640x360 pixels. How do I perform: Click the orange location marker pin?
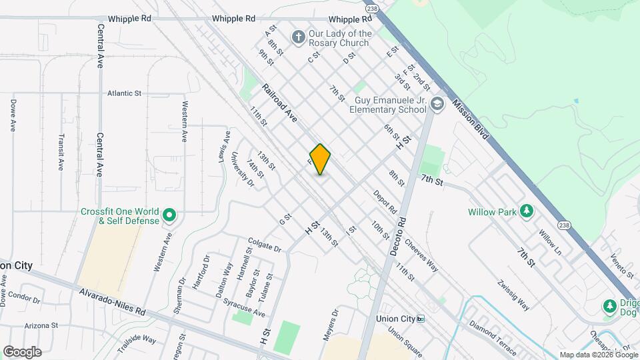coord(320,159)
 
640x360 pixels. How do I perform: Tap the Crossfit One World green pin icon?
coord(169,215)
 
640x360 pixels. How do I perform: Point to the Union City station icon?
coord(421,319)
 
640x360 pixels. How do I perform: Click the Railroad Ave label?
coord(279,103)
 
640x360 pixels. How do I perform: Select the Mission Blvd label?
coord(471,120)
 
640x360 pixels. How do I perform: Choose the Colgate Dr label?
coord(265,246)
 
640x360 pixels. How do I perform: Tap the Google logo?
coord(22,351)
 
